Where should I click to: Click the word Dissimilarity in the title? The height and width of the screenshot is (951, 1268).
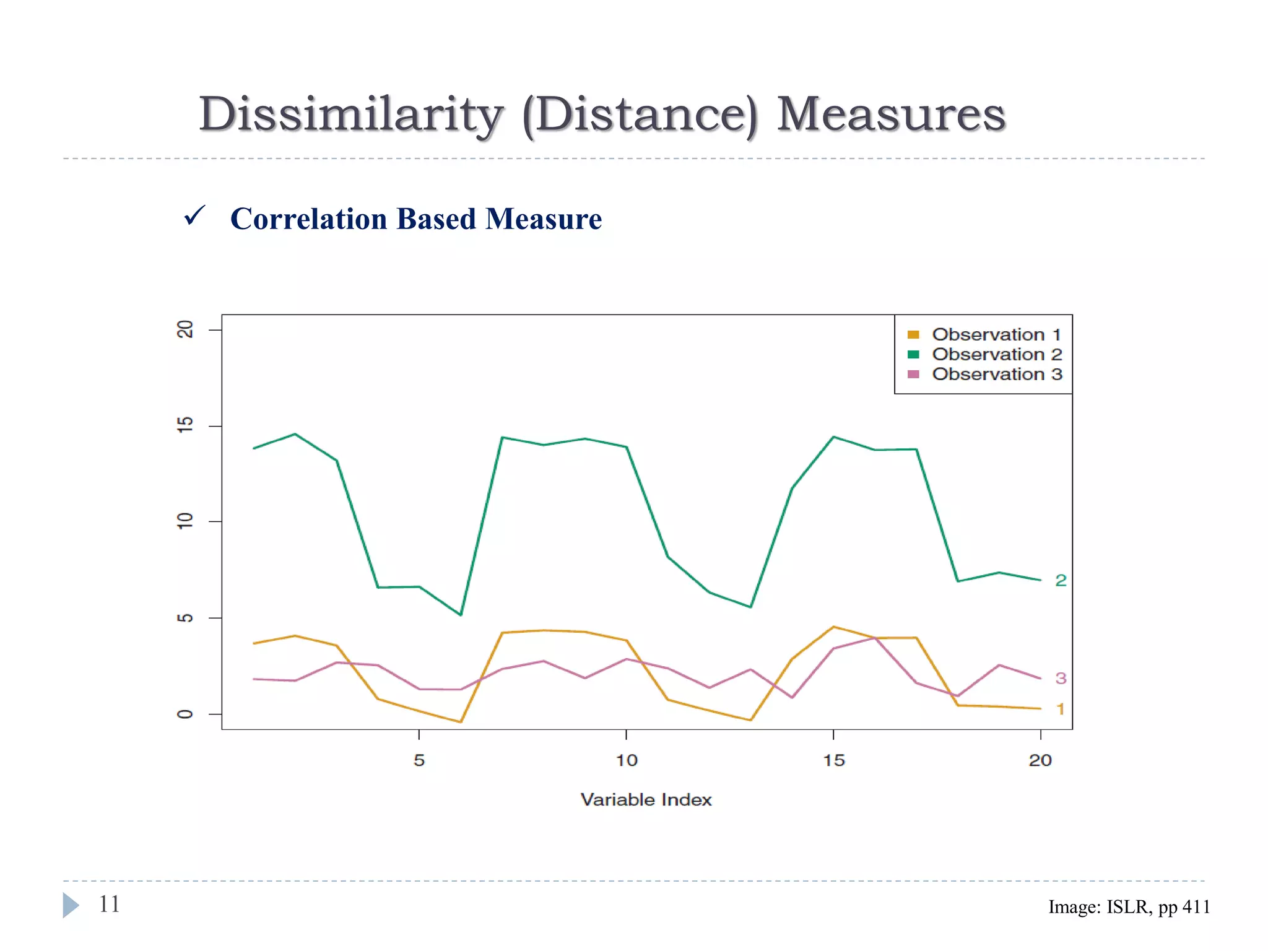click(x=350, y=115)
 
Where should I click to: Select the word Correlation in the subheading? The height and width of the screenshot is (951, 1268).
click(x=308, y=219)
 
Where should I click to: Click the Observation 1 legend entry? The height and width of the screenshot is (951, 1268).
click(x=996, y=334)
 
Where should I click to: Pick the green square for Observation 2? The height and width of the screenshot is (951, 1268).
click(x=913, y=354)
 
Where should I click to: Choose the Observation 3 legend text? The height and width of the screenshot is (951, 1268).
click(x=997, y=374)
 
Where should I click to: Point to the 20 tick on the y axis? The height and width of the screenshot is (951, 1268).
click(x=185, y=329)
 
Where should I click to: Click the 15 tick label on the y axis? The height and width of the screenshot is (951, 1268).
click(x=185, y=425)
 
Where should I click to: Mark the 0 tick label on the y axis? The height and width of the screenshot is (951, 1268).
click(x=185, y=714)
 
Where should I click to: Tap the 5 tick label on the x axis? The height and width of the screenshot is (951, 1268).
click(x=419, y=760)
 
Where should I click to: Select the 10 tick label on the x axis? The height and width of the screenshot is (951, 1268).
click(x=627, y=760)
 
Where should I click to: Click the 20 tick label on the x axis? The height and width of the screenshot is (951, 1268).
click(x=1040, y=760)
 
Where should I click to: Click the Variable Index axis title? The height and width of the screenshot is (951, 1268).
click(x=646, y=799)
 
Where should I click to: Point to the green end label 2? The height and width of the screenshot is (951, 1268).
click(x=1061, y=580)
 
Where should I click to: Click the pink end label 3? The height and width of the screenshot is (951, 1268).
click(x=1061, y=678)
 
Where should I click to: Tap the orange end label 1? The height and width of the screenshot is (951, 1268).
click(x=1061, y=709)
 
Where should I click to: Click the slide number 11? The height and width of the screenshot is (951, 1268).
click(x=110, y=904)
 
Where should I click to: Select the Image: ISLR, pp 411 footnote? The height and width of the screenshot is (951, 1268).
click(x=1129, y=907)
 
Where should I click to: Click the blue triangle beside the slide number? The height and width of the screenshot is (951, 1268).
click(x=71, y=905)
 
